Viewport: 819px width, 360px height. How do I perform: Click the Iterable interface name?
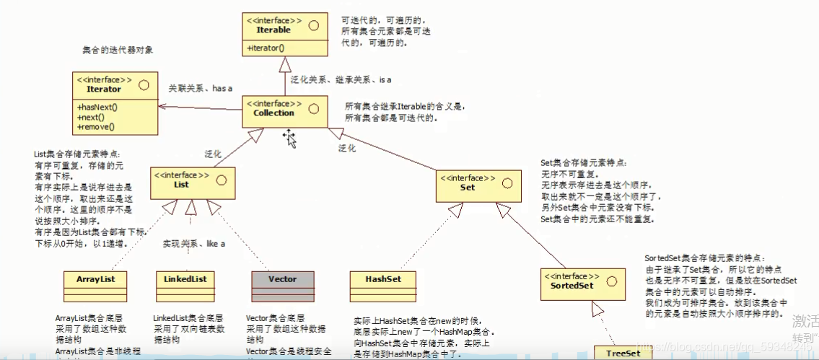273,30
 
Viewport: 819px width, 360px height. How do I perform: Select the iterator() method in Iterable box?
266,48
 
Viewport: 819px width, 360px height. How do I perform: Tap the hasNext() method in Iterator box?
97,107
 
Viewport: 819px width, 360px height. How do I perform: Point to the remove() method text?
95,126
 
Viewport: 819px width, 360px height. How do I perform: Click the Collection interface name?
274,113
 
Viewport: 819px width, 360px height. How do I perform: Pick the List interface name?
181,185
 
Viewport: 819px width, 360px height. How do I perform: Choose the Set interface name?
468,187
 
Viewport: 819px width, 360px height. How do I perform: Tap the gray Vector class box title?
282,279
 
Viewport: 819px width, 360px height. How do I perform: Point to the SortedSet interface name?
566,286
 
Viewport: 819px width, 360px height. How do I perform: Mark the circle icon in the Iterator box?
144,84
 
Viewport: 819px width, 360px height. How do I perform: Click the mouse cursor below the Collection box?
290,138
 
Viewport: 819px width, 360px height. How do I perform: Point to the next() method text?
91,117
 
